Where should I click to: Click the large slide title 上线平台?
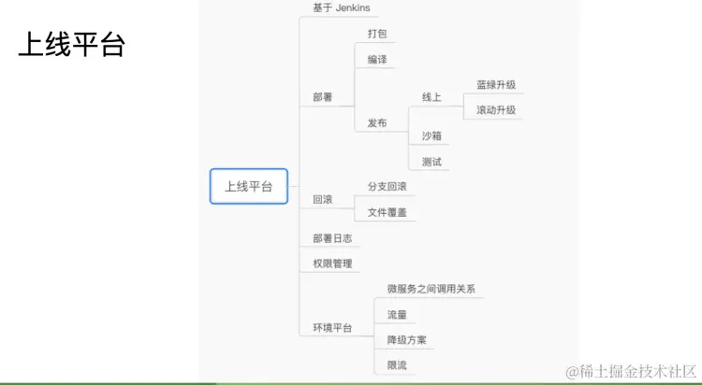[x=71, y=46]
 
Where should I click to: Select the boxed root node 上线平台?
[x=248, y=186]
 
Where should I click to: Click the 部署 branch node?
[x=322, y=97]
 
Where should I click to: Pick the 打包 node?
[x=376, y=35]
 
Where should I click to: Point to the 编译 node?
[x=376, y=60]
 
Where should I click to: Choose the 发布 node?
[x=376, y=122]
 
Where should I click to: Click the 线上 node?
[x=431, y=97]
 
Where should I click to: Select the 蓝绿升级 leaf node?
[x=496, y=84]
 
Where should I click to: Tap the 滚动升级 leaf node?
[x=496, y=109]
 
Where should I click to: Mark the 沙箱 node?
[x=431, y=135]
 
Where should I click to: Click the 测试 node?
[x=431, y=162]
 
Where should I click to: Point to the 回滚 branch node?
[x=322, y=199]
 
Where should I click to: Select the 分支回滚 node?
[x=387, y=187]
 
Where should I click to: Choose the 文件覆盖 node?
[x=387, y=212]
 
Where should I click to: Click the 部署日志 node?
[x=332, y=238]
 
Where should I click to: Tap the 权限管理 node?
[x=332, y=264]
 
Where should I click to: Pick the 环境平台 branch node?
[x=332, y=327]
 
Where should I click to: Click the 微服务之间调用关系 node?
[x=431, y=289]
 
